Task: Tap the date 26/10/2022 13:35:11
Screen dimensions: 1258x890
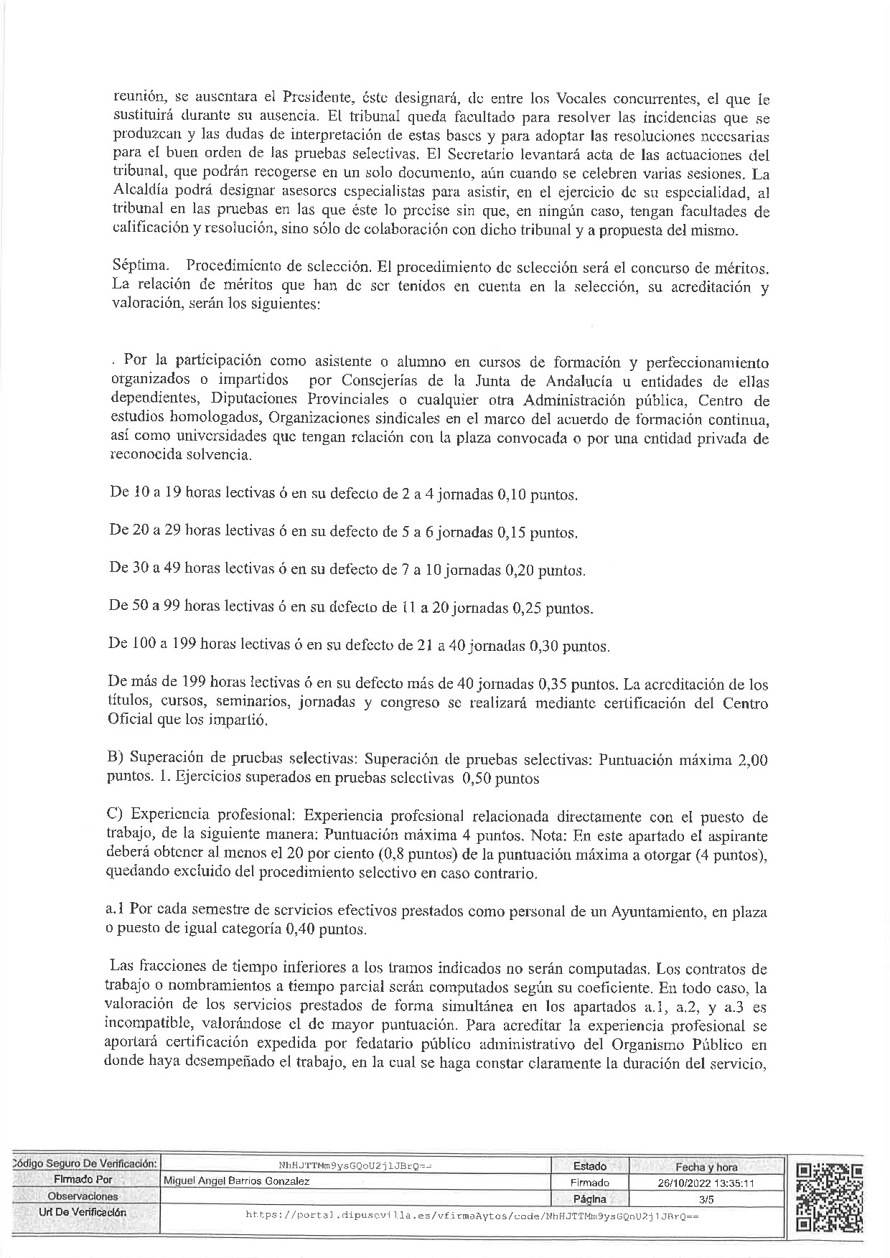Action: click(707, 1182)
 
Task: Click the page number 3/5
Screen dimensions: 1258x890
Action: click(707, 1198)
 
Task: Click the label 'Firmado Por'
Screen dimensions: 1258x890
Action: click(83, 1180)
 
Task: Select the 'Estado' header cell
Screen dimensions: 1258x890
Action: click(590, 1166)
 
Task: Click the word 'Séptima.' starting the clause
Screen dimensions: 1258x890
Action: click(136, 266)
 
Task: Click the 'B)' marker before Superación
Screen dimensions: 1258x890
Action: click(116, 759)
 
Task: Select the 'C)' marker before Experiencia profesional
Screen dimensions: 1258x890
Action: click(116, 816)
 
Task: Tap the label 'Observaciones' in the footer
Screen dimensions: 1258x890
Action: click(83, 1196)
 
